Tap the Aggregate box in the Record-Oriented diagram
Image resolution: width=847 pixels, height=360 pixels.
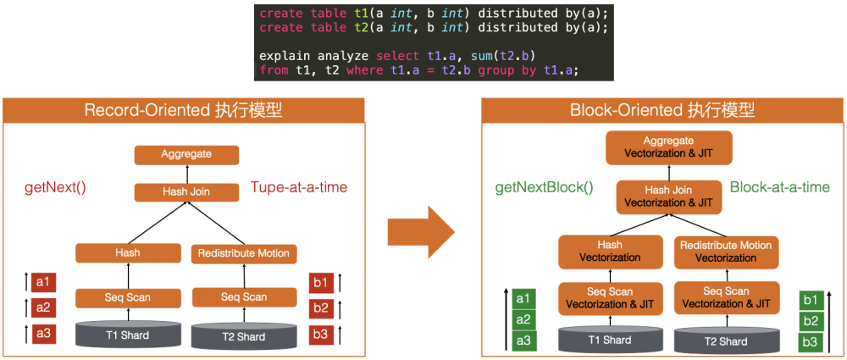point(186,154)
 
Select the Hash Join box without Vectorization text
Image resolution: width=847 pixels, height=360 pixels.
point(186,192)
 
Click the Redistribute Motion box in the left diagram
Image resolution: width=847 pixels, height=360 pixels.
point(243,252)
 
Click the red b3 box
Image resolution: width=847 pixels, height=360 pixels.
point(321,334)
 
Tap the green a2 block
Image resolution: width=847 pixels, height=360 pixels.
point(523,319)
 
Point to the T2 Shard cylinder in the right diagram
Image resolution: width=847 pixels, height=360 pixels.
point(726,339)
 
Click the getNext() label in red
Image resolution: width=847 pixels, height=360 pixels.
point(58,187)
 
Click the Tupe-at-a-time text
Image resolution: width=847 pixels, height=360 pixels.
point(298,187)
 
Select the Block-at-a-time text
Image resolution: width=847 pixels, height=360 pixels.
point(779,187)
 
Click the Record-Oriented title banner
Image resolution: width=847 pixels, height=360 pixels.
point(184,110)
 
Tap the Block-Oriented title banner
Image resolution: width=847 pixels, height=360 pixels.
point(662,110)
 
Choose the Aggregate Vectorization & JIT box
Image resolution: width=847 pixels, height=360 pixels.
point(668,147)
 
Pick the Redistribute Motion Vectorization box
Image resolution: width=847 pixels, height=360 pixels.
point(726,252)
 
